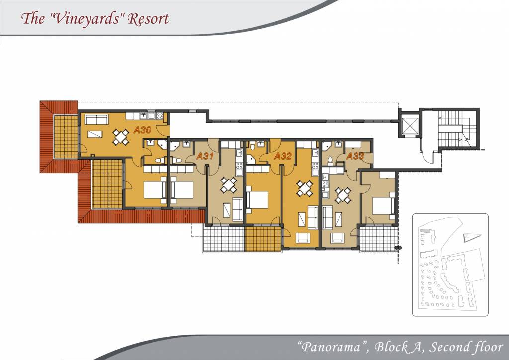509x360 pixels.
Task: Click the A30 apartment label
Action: pyautogui.click(x=143, y=130)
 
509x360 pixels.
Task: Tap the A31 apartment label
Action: pyautogui.click(x=205, y=156)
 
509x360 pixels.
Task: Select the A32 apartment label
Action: pyautogui.click(x=283, y=156)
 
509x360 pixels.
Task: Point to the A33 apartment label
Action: pyautogui.click(x=355, y=156)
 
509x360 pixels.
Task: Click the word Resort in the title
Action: pyautogui.click(x=148, y=18)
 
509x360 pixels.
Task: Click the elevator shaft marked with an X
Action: pyautogui.click(x=409, y=126)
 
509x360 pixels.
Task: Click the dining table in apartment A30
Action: pyautogui.click(x=121, y=137)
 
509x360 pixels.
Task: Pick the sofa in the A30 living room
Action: pyautogui.click(x=96, y=119)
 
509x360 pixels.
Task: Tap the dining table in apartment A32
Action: pyautogui.click(x=305, y=189)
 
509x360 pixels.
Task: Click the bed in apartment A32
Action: pyautogui.click(x=257, y=199)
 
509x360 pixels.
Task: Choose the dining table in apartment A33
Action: pyautogui.click(x=343, y=195)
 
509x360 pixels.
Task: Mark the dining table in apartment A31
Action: pyautogui.click(x=229, y=185)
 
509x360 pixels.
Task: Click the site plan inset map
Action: pyautogui.click(x=450, y=265)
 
